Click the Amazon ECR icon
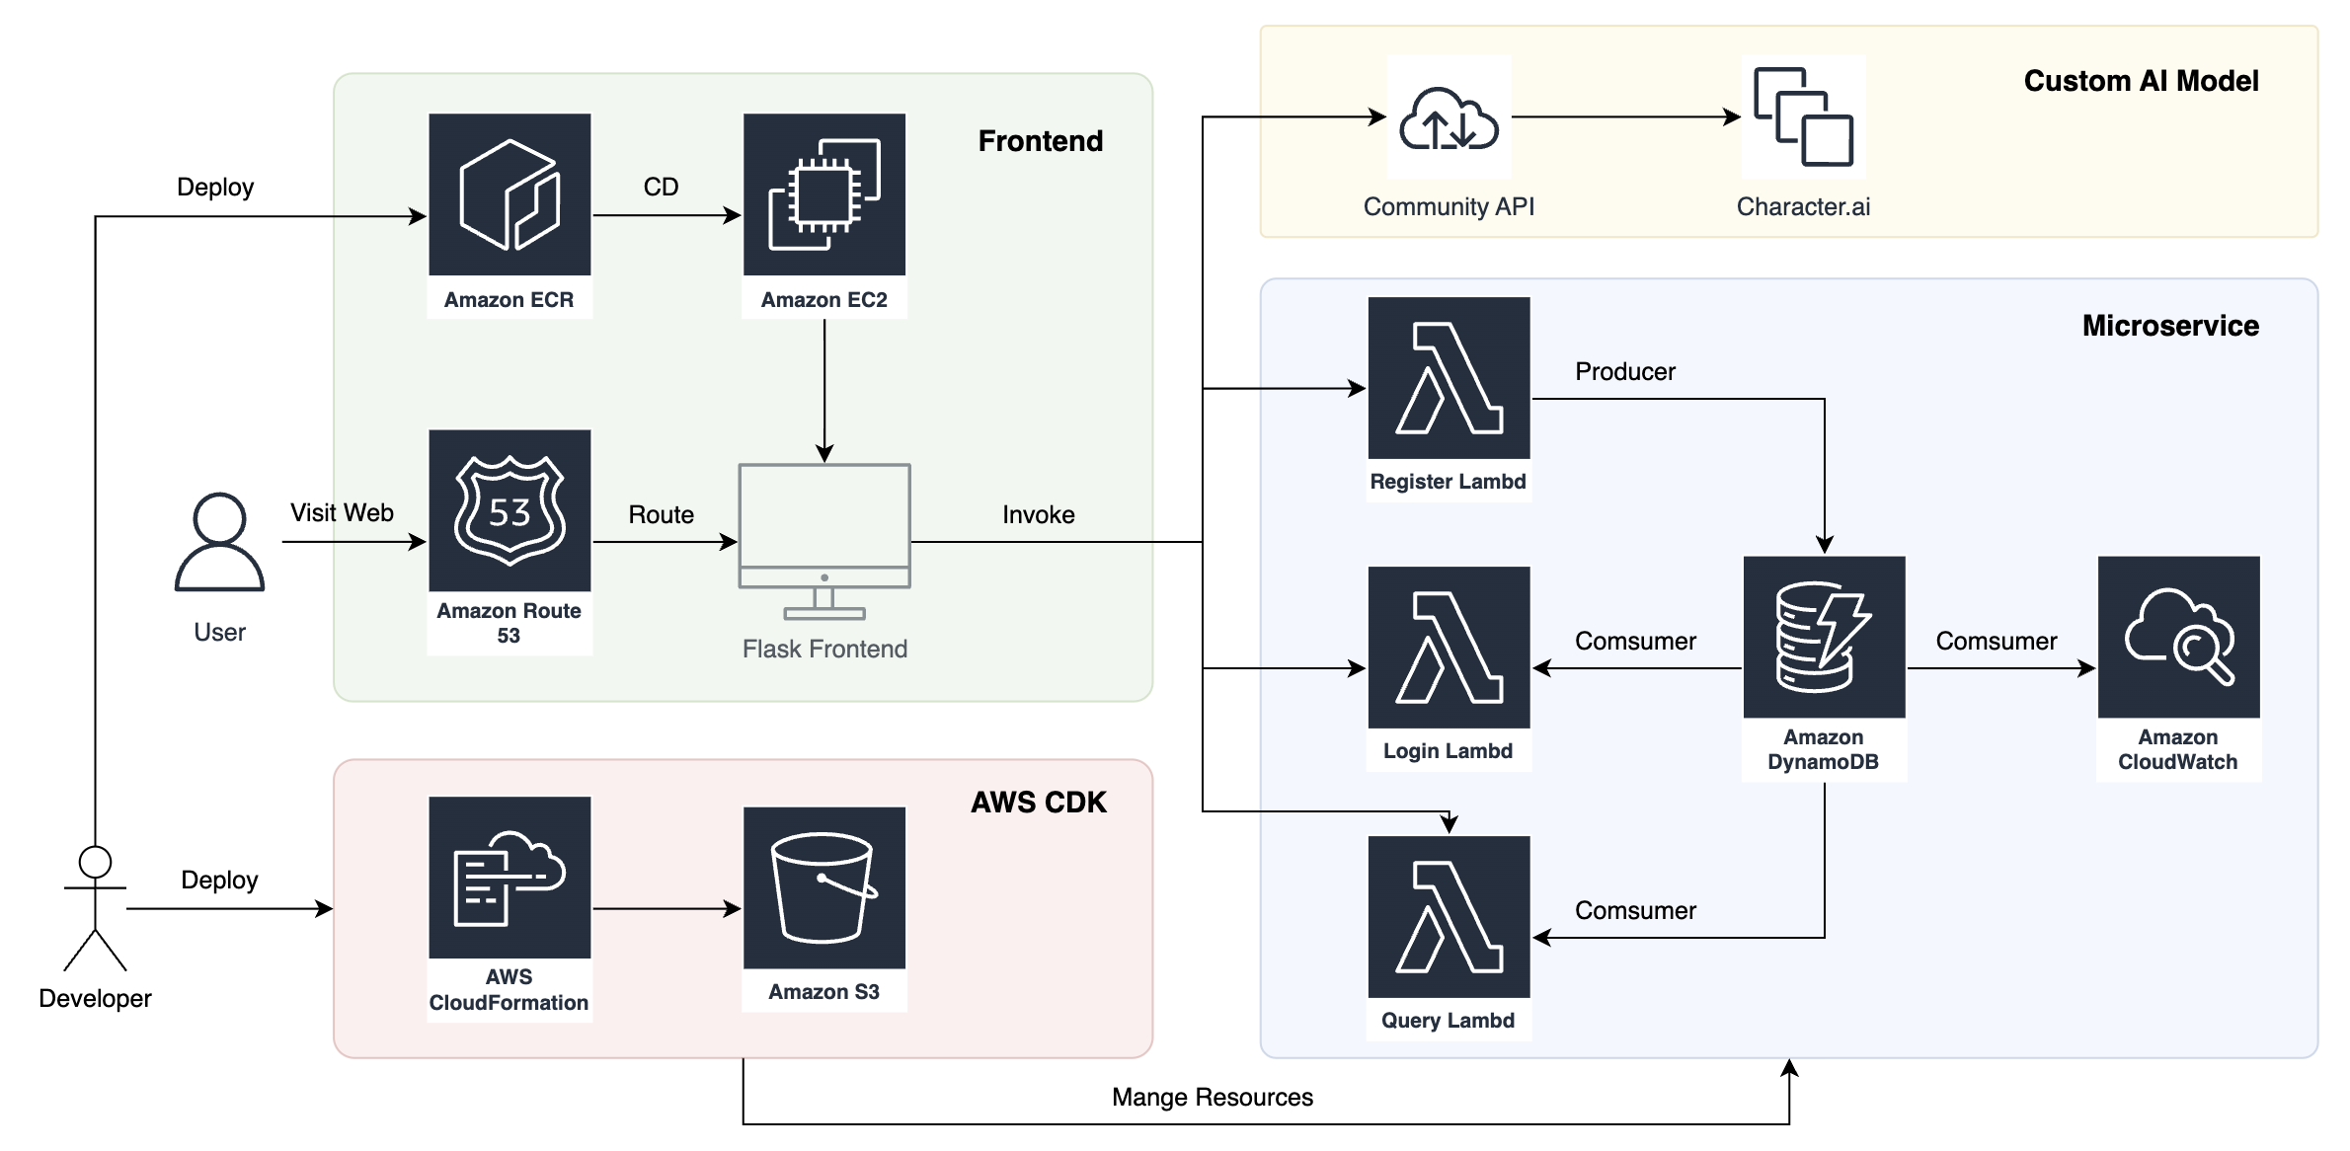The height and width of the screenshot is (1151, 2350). [509, 194]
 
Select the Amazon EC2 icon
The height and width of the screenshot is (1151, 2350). [824, 194]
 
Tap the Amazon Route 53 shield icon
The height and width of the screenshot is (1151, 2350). [509, 510]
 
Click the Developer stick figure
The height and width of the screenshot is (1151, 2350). [95, 908]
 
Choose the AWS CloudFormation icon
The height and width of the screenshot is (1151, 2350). [509, 878]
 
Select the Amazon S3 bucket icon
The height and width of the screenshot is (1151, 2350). [824, 887]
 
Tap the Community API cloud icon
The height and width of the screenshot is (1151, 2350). [1449, 117]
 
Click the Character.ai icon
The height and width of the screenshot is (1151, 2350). [1803, 117]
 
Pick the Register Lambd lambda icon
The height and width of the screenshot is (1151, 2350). [1449, 378]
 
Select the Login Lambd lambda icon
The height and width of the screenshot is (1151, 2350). [1449, 648]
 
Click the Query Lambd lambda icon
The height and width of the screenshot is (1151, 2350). [1449, 917]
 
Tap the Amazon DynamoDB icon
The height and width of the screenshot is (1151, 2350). [1824, 638]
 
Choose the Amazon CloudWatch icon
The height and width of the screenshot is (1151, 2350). [2178, 638]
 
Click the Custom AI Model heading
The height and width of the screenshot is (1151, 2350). [2141, 81]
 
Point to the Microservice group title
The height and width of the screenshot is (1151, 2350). [2170, 326]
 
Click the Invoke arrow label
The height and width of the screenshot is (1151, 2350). [1039, 514]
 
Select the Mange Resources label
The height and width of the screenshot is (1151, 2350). [1213, 1097]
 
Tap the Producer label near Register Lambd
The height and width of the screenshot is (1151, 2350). [1625, 371]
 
